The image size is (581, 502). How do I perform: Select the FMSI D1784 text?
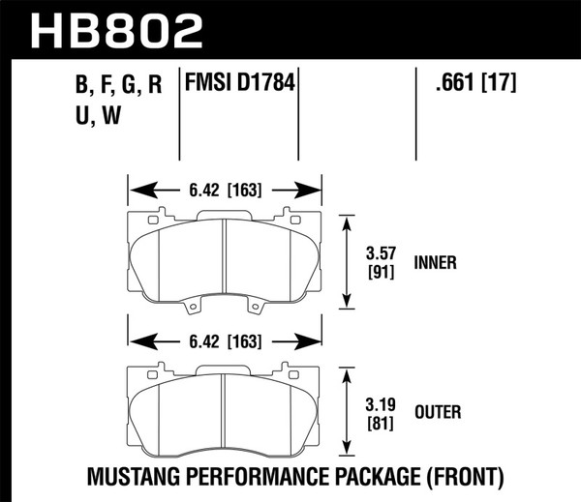(239, 84)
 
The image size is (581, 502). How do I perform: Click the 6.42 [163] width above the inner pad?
(225, 191)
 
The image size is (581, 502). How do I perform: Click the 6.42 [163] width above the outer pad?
(225, 340)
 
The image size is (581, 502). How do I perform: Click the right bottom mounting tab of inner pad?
(256, 310)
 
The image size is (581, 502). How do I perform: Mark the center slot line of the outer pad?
(224, 406)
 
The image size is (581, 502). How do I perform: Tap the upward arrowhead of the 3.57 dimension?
(348, 220)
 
